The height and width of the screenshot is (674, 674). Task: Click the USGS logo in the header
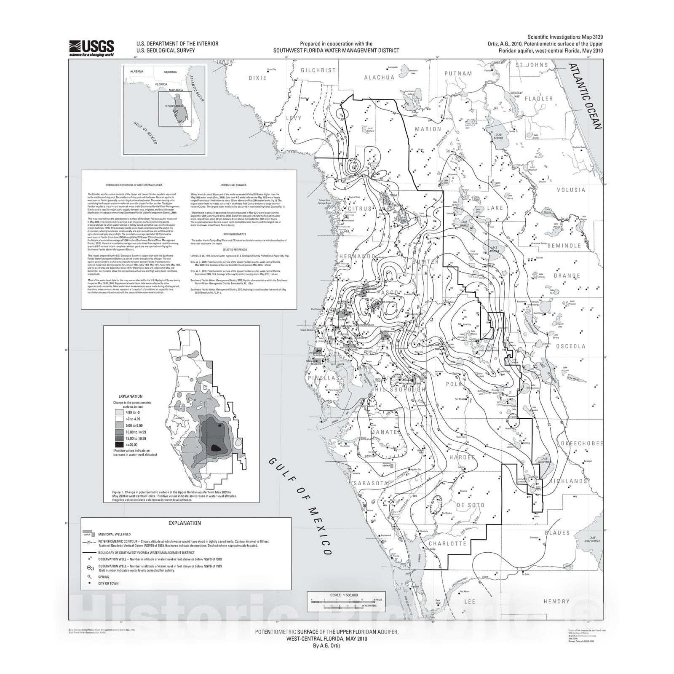click(91, 48)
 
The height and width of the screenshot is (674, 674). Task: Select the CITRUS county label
click(359, 209)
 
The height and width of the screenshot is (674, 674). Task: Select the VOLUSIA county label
click(571, 190)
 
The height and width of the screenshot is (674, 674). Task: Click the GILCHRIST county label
click(318, 70)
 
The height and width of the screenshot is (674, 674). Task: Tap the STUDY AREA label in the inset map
click(174, 106)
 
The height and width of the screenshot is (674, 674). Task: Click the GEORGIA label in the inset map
click(170, 72)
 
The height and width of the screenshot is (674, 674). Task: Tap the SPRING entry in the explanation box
click(104, 577)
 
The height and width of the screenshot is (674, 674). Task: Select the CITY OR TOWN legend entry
click(108, 583)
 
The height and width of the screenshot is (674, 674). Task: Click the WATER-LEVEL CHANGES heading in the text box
click(233, 185)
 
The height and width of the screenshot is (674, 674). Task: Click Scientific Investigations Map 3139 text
click(565, 37)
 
